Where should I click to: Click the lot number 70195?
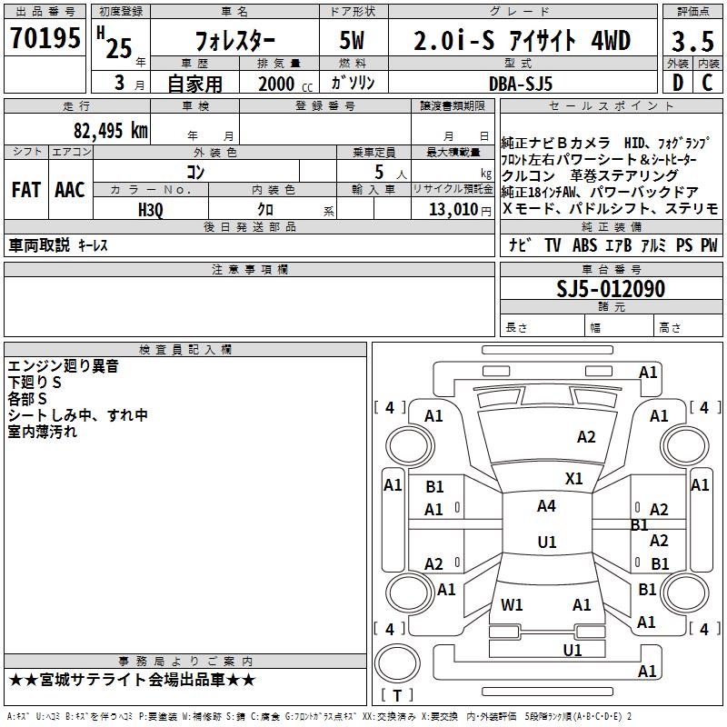click(x=46, y=39)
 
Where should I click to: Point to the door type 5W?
click(x=353, y=41)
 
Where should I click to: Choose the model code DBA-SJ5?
click(x=519, y=83)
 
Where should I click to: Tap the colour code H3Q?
click(x=150, y=208)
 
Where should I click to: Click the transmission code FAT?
click(x=25, y=190)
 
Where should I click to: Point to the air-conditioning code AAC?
click(x=70, y=190)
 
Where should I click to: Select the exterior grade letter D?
click(x=677, y=84)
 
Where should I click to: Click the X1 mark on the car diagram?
click(x=574, y=478)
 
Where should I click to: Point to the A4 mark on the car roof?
click(x=546, y=506)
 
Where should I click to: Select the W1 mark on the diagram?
click(x=513, y=604)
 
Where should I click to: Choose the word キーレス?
click(x=94, y=246)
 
